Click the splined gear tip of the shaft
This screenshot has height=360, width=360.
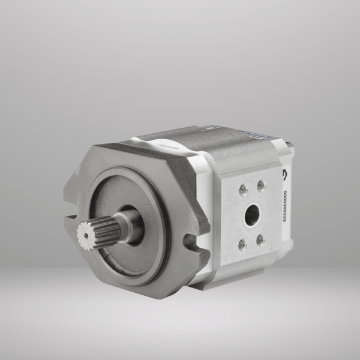[x=89, y=235]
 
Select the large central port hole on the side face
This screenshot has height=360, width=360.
[x=251, y=214]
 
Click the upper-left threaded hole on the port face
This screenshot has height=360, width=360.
[x=244, y=190]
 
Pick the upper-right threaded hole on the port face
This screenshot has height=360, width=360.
[x=261, y=185]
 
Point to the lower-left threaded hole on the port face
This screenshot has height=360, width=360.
[x=242, y=244]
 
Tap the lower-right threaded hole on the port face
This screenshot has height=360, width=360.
[x=260, y=239]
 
